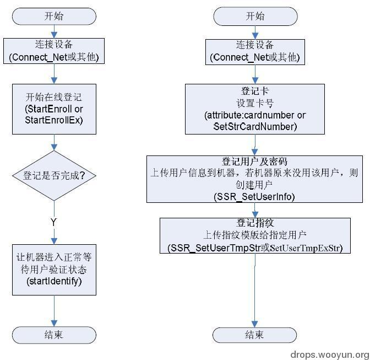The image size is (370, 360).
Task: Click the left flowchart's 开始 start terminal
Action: click(x=54, y=16)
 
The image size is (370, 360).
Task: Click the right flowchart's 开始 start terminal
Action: click(x=254, y=16)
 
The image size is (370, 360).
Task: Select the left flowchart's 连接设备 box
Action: click(x=54, y=51)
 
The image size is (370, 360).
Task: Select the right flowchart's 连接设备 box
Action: click(x=254, y=51)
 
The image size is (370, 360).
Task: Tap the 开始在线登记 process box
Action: click(x=54, y=109)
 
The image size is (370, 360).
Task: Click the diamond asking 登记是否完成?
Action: click(x=54, y=176)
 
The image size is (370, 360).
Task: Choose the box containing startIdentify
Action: click(x=54, y=270)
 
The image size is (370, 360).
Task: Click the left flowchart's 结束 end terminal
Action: click(x=54, y=335)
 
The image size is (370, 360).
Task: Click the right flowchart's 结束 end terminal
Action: click(x=254, y=335)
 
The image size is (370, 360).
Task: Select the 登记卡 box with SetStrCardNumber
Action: click(x=254, y=109)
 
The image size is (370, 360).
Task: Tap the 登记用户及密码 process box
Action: click(x=254, y=179)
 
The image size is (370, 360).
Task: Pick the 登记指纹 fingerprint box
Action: click(x=254, y=235)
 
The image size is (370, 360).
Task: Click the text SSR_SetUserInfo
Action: click(x=254, y=197)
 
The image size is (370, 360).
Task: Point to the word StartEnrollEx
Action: click(x=54, y=120)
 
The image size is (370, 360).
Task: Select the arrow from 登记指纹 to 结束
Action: click(x=254, y=289)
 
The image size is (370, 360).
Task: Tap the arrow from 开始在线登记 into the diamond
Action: click(x=54, y=142)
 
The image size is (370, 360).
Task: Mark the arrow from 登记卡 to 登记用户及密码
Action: click(x=254, y=145)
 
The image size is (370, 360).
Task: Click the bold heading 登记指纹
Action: click(x=254, y=223)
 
